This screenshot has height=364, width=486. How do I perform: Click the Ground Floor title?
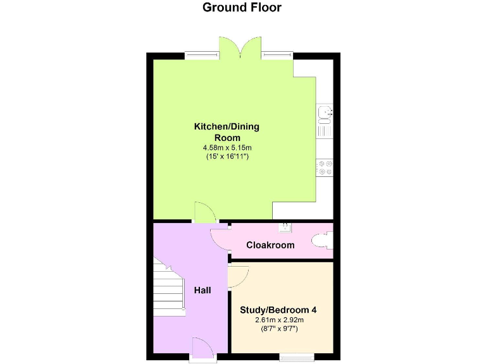click(242, 8)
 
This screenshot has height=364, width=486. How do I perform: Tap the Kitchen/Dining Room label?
click(227, 132)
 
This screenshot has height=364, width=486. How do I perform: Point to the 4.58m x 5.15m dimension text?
click(227, 147)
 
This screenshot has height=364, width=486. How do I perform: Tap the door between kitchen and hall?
click(204, 213)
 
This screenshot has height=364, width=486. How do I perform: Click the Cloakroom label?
click(270, 245)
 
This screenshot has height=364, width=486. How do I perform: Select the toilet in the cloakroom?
click(322, 240)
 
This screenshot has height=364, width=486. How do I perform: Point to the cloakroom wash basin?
click(286, 226)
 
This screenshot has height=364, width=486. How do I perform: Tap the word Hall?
click(202, 290)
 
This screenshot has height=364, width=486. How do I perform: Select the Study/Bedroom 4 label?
click(278, 310)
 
